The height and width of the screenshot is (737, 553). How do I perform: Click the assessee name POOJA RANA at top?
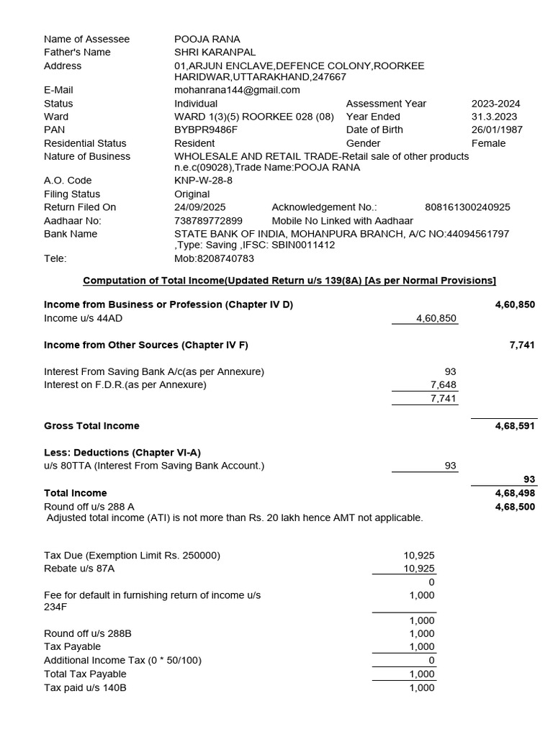coord(207,39)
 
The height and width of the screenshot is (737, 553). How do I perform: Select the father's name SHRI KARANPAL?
coord(215,52)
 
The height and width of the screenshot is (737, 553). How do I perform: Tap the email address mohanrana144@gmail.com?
coord(237,90)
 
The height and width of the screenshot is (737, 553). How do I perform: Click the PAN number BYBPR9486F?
coord(206,130)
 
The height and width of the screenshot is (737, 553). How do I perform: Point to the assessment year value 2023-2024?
coord(495,104)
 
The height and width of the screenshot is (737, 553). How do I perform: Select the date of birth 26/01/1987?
coord(497,130)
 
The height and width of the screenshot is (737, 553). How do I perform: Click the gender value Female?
coord(489,143)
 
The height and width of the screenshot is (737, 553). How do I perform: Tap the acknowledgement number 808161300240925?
coord(467,207)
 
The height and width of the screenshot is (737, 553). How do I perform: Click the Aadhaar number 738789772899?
coord(209,221)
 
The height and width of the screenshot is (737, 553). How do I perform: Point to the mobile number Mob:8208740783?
coord(214,258)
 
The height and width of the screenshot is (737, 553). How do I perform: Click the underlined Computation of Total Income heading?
coord(289,280)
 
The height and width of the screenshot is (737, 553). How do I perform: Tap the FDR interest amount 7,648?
coord(443,385)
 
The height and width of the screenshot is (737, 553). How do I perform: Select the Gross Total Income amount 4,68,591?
coord(515,426)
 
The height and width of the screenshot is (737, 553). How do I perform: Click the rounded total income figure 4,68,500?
coord(515,507)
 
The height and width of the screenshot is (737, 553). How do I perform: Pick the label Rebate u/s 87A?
coord(79,569)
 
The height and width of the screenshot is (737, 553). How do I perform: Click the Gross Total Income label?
coord(91,426)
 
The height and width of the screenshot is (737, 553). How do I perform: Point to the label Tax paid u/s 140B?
coord(85,687)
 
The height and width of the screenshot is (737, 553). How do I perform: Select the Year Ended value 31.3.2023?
coord(495,117)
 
